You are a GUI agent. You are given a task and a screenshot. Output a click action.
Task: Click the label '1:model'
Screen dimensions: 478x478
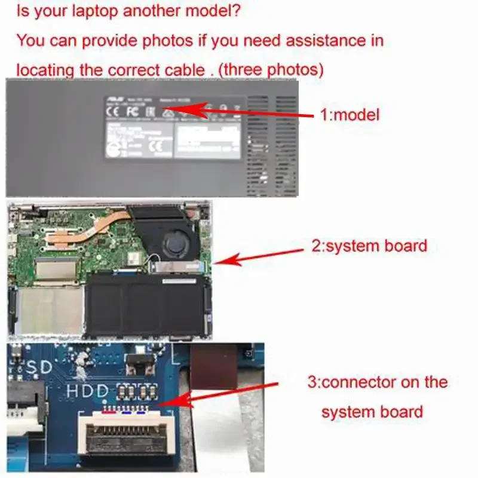[350, 115]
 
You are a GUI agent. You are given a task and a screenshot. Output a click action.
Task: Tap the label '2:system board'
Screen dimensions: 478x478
[369, 246]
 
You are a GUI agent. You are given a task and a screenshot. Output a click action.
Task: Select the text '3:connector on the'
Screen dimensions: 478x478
[377, 382]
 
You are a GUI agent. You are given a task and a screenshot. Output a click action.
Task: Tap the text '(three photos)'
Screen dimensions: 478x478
[271, 70]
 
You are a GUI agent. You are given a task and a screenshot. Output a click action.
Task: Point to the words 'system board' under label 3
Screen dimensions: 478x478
[372, 412]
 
